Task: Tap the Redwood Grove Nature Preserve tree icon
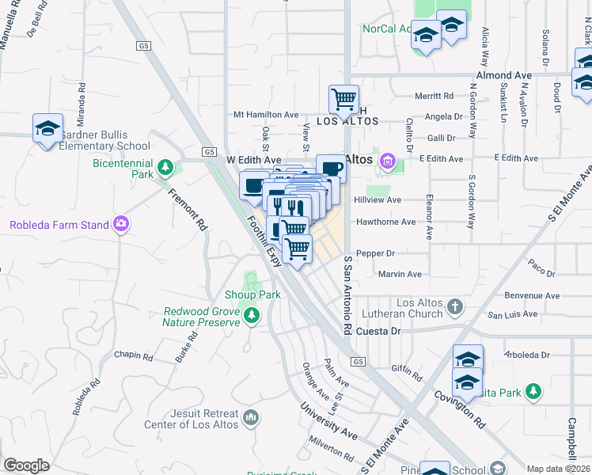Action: (x=252, y=317)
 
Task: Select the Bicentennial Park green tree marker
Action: (x=165, y=167)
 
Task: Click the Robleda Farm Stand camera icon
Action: (x=120, y=225)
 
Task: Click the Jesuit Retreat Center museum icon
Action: (x=251, y=416)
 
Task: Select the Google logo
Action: (x=26, y=465)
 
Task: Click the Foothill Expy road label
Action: (x=264, y=241)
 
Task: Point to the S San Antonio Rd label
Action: (x=347, y=294)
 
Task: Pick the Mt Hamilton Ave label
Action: (x=265, y=115)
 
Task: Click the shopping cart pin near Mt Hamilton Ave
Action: (x=343, y=100)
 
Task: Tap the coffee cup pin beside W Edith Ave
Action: (x=330, y=168)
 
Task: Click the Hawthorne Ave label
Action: (x=385, y=222)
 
